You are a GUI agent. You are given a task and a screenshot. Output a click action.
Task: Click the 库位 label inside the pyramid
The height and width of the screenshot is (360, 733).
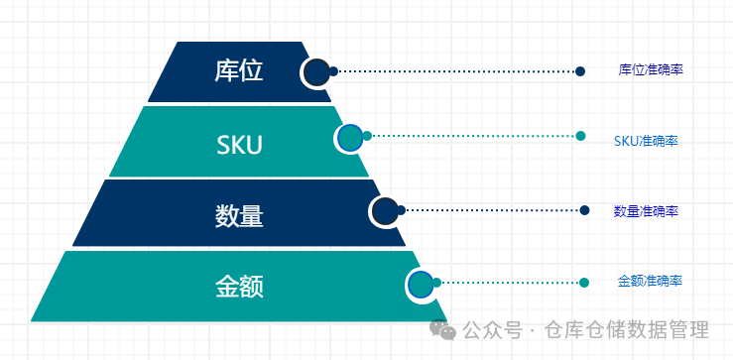(239, 71)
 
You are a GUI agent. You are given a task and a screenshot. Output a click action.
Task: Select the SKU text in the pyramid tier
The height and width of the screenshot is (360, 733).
(239, 145)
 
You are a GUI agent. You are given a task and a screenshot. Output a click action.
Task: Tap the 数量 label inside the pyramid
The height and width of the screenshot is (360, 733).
(239, 216)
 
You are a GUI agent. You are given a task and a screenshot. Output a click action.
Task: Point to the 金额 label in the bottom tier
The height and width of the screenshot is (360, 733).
(239, 287)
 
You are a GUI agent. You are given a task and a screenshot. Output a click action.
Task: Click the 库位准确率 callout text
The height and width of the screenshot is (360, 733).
(651, 70)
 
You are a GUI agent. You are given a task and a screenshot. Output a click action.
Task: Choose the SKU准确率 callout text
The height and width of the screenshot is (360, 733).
(646, 141)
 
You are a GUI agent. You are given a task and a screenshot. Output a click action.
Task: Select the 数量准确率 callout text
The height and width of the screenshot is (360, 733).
(646, 211)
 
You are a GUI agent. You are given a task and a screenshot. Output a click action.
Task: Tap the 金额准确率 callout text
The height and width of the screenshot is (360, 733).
(650, 281)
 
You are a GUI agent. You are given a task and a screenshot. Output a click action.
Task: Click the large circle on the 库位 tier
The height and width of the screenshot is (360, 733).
(316, 72)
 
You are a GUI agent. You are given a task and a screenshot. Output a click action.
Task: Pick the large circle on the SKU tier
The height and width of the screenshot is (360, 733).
(350, 139)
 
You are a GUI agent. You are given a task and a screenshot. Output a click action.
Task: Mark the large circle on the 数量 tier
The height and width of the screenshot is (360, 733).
(385, 212)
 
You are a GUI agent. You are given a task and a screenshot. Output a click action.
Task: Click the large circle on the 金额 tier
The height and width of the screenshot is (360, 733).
(421, 285)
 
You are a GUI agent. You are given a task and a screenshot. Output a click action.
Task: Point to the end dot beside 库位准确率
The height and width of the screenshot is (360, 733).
(580, 71)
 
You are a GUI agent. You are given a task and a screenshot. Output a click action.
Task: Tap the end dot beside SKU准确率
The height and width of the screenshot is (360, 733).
(580, 136)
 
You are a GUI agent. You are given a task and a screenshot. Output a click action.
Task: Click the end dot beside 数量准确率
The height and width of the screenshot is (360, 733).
(584, 210)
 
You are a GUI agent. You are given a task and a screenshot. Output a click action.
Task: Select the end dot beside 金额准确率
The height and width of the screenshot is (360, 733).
(584, 283)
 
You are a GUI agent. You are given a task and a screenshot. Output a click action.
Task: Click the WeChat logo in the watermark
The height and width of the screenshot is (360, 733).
(442, 329)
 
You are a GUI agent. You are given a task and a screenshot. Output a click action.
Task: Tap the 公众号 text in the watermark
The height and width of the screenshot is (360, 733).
(492, 330)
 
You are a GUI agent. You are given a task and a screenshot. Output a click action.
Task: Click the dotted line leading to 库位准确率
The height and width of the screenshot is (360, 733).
(456, 71)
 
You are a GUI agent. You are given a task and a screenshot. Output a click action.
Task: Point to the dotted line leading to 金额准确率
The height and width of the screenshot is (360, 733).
(510, 283)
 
